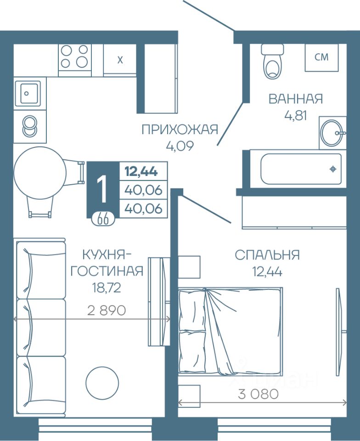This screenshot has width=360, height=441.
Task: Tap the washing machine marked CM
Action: pyautogui.click(x=322, y=57)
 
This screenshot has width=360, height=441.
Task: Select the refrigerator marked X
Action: pyautogui.click(x=120, y=60)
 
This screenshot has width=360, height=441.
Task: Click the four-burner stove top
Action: pyautogui.click(x=75, y=60)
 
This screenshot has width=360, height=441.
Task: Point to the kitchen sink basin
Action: pyautogui.click(x=27, y=93)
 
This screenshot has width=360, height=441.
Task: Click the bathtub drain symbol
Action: pyautogui.click(x=333, y=169)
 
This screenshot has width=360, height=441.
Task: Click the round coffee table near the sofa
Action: pyautogui.click(x=102, y=383)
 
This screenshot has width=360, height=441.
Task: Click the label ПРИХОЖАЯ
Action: pyautogui.click(x=180, y=130)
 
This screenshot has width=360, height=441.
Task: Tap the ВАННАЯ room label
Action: pyautogui.click(x=296, y=99)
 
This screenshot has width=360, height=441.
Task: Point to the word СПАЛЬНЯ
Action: pyautogui.click(x=267, y=255)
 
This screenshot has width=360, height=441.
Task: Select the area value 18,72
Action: pyautogui.click(x=107, y=288)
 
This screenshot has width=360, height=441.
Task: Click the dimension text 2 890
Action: pyautogui.click(x=107, y=311)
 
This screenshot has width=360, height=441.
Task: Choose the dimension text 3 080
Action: pyautogui.click(x=258, y=394)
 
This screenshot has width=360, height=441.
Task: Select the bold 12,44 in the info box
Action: pyautogui.click(x=141, y=171)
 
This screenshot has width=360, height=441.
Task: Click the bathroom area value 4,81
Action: pyautogui.click(x=295, y=116)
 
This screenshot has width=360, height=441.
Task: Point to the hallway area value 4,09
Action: pyautogui.click(x=180, y=146)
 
